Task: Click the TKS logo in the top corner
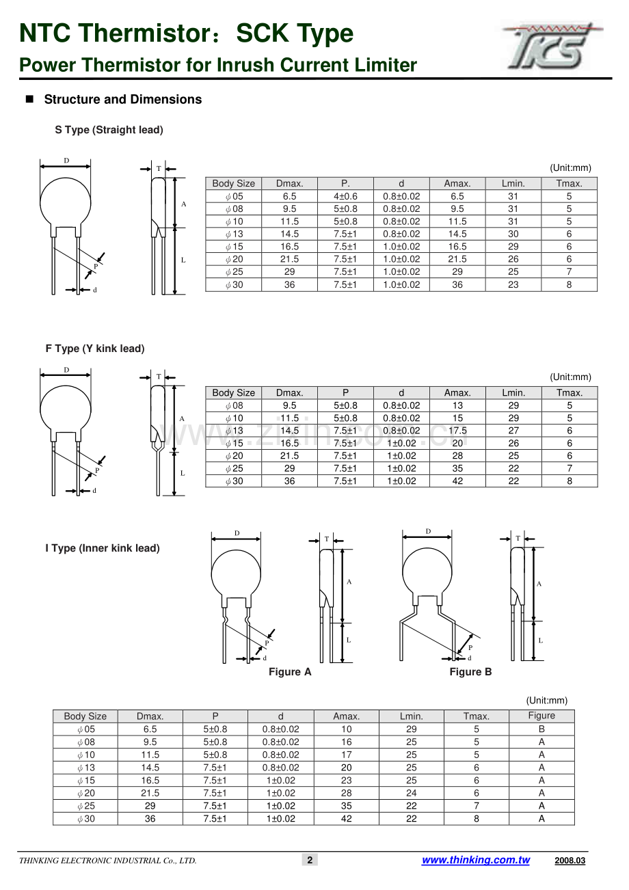click(x=552, y=46)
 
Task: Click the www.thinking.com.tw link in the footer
click(x=476, y=860)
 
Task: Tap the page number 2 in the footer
click(x=310, y=860)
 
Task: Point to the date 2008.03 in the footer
click(x=570, y=861)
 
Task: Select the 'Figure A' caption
click(x=290, y=672)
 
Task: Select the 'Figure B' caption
click(x=470, y=672)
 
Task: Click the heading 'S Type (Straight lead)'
click(x=109, y=130)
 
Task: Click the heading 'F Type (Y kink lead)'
click(x=95, y=349)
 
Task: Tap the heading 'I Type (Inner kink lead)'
click(x=103, y=548)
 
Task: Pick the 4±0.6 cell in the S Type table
click(x=345, y=196)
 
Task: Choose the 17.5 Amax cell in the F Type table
click(x=457, y=431)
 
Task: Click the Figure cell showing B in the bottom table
click(x=541, y=729)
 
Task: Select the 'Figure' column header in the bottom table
click(x=541, y=716)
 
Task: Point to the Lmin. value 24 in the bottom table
click(x=412, y=793)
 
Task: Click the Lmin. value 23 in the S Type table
click(x=513, y=284)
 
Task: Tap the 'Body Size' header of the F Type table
click(x=234, y=392)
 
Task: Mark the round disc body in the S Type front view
click(x=66, y=202)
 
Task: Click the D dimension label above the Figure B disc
click(x=428, y=531)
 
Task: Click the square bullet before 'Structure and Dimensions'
click(x=29, y=99)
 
